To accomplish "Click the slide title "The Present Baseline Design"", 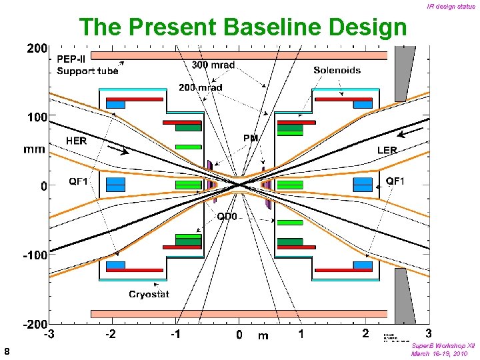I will point(243,27).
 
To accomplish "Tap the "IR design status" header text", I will point(451,7).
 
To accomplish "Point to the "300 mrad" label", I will point(213,65).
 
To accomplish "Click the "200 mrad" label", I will point(200,87).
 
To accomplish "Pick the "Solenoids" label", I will point(337,70).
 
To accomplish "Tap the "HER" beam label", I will point(76,141).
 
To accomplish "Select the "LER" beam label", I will point(387,151).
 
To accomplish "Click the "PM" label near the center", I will point(251,138).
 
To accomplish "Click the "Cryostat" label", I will point(149,294).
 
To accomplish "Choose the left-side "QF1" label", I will point(83,181).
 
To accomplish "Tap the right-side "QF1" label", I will point(395,181).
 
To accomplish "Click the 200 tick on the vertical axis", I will point(37,49).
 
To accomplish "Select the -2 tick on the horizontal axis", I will point(109,333).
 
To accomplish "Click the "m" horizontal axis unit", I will point(263,335).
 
